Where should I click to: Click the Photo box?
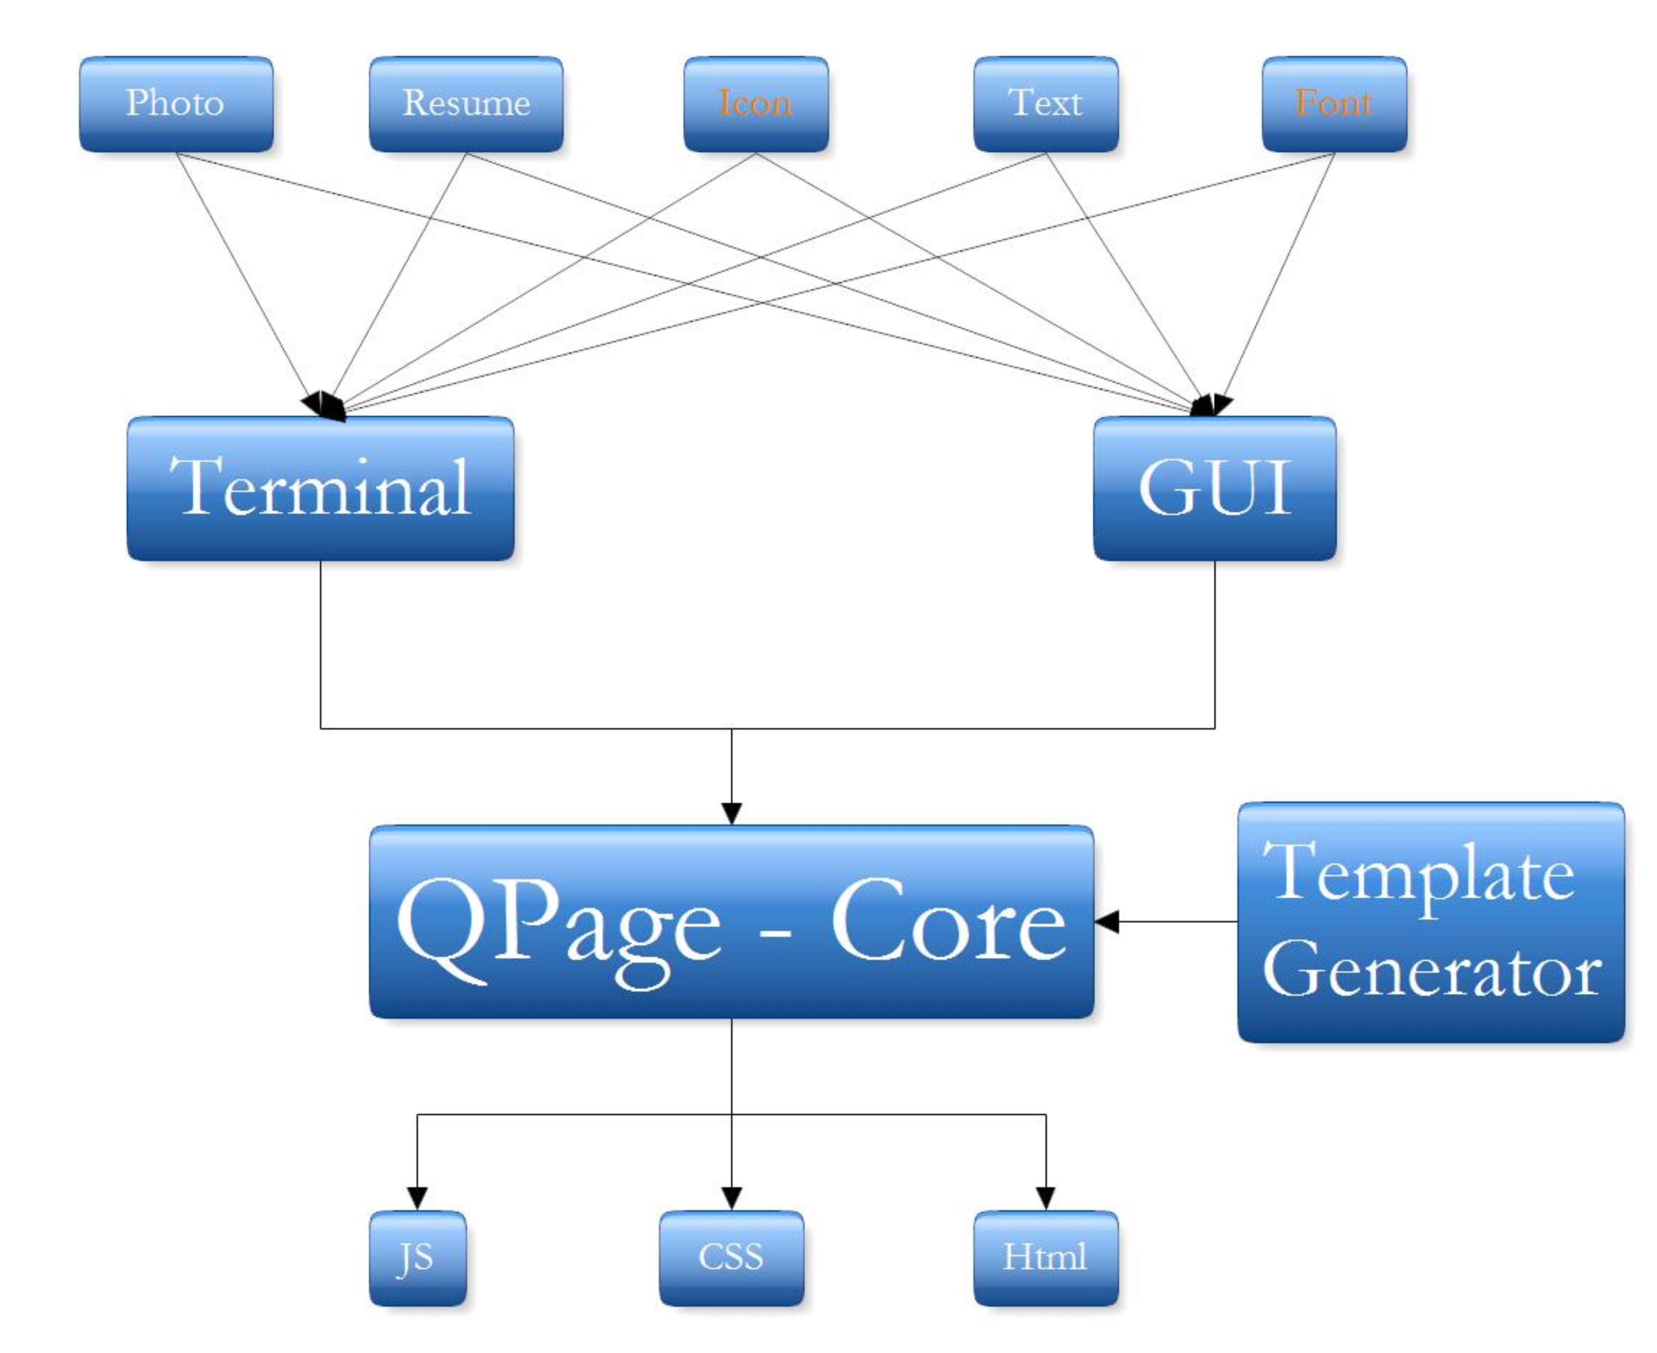[176, 103]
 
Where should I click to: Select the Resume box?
[466, 103]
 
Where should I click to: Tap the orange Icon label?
[755, 103]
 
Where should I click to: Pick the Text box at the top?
[1046, 103]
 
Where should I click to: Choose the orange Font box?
[1334, 103]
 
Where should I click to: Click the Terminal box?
[320, 489]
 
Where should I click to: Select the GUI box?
[1214, 489]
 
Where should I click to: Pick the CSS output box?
[731, 1258]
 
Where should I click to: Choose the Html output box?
[1045, 1258]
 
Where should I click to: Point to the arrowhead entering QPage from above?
[731, 813]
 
